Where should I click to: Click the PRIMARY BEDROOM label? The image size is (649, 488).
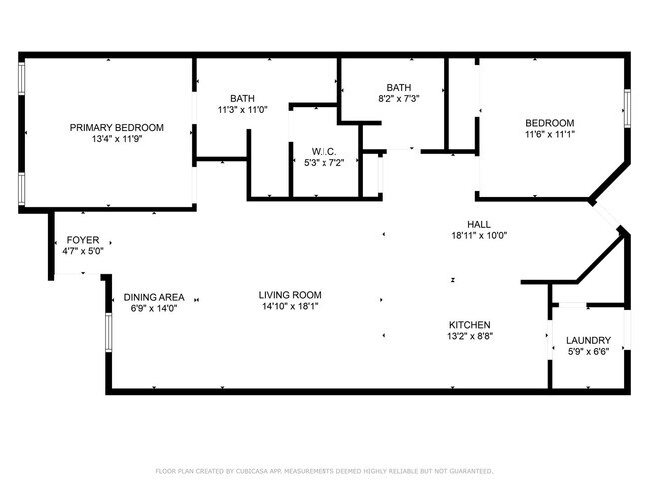[116, 127]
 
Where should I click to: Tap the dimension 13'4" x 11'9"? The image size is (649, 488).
[116, 140]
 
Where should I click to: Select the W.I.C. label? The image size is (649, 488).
[324, 150]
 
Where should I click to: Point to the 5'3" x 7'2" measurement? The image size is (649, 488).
[324, 162]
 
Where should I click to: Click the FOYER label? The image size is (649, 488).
[82, 240]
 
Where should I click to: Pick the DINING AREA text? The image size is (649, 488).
[154, 297]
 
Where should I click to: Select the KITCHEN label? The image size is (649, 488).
[469, 325]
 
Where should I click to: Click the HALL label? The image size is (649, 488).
[479, 224]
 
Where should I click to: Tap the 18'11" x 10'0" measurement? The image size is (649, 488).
[479, 237]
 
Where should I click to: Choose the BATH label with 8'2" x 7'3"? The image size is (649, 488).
[400, 87]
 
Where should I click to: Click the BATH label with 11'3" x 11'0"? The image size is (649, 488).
[242, 98]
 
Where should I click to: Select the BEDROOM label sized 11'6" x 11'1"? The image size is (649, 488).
[551, 123]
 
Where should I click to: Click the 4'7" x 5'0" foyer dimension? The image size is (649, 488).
[82, 252]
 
